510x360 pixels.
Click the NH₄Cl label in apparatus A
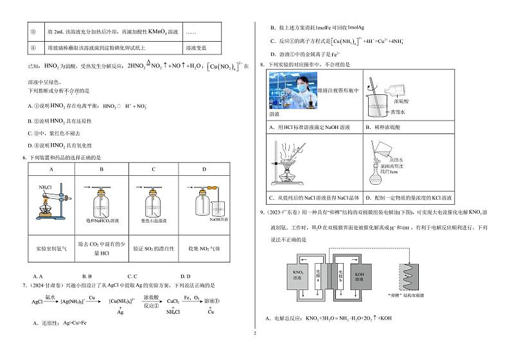coord(46,187)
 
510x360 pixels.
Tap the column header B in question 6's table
coord(101,169)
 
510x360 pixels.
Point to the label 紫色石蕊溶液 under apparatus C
coord(153,220)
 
